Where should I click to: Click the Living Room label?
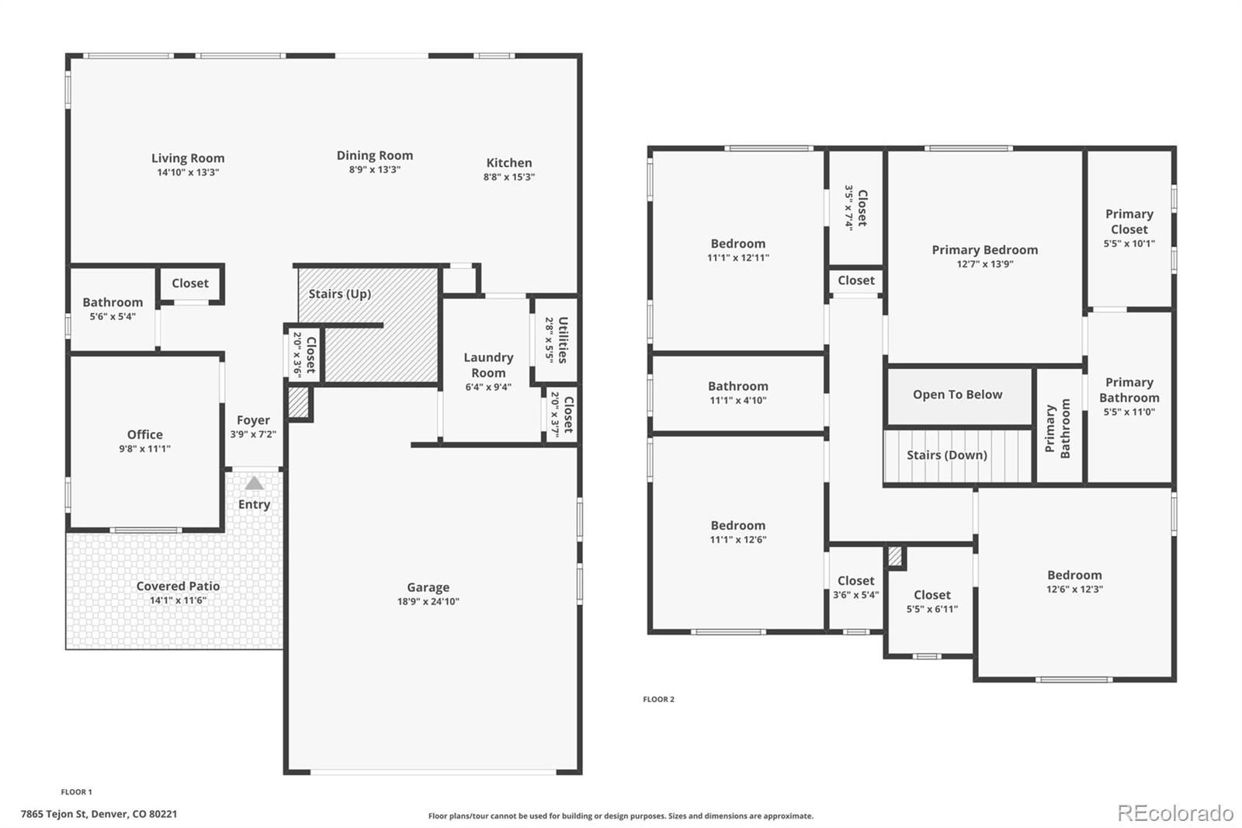(188, 158)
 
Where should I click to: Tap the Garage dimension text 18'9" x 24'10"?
(428, 601)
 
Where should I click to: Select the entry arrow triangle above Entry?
(254, 483)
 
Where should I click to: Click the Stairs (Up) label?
(339, 294)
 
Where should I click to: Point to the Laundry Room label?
(488, 364)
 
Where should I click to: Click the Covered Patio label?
(178, 586)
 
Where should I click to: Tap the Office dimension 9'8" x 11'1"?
(144, 449)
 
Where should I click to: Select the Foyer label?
(253, 420)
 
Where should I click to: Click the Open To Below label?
(957, 395)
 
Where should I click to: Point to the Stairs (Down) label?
(946, 455)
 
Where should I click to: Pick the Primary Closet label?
(1129, 221)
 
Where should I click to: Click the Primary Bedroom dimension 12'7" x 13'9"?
(984, 264)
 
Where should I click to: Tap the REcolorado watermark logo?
(1174, 812)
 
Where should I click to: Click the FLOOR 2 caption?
(658, 699)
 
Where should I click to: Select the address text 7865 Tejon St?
(99, 814)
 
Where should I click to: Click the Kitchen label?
(508, 163)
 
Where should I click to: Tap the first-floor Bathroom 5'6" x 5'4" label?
(113, 303)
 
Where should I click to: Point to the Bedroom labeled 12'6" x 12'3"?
(1074, 576)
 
